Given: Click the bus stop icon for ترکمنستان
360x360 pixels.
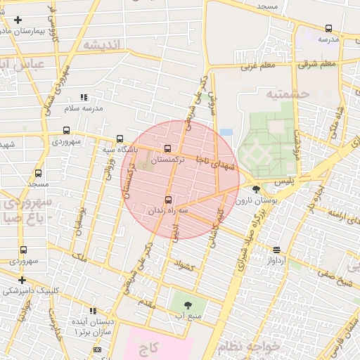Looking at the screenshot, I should point(167,148).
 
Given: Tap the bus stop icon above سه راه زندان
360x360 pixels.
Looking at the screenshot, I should point(167,200).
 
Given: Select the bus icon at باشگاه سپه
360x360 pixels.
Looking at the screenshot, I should point(120,139).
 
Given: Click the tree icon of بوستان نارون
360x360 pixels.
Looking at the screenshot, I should point(256,189).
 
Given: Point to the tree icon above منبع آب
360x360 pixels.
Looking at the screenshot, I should point(188,305).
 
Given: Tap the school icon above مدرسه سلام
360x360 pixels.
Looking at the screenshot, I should point(84,97).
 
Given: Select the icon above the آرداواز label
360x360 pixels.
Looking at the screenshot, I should point(276,250).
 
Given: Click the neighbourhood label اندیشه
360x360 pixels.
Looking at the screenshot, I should point(103,44).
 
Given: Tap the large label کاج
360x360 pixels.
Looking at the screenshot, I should point(158,348).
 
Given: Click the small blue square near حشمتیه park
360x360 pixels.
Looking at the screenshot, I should point(226,132).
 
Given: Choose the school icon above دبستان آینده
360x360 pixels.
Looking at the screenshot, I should point(93,311).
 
